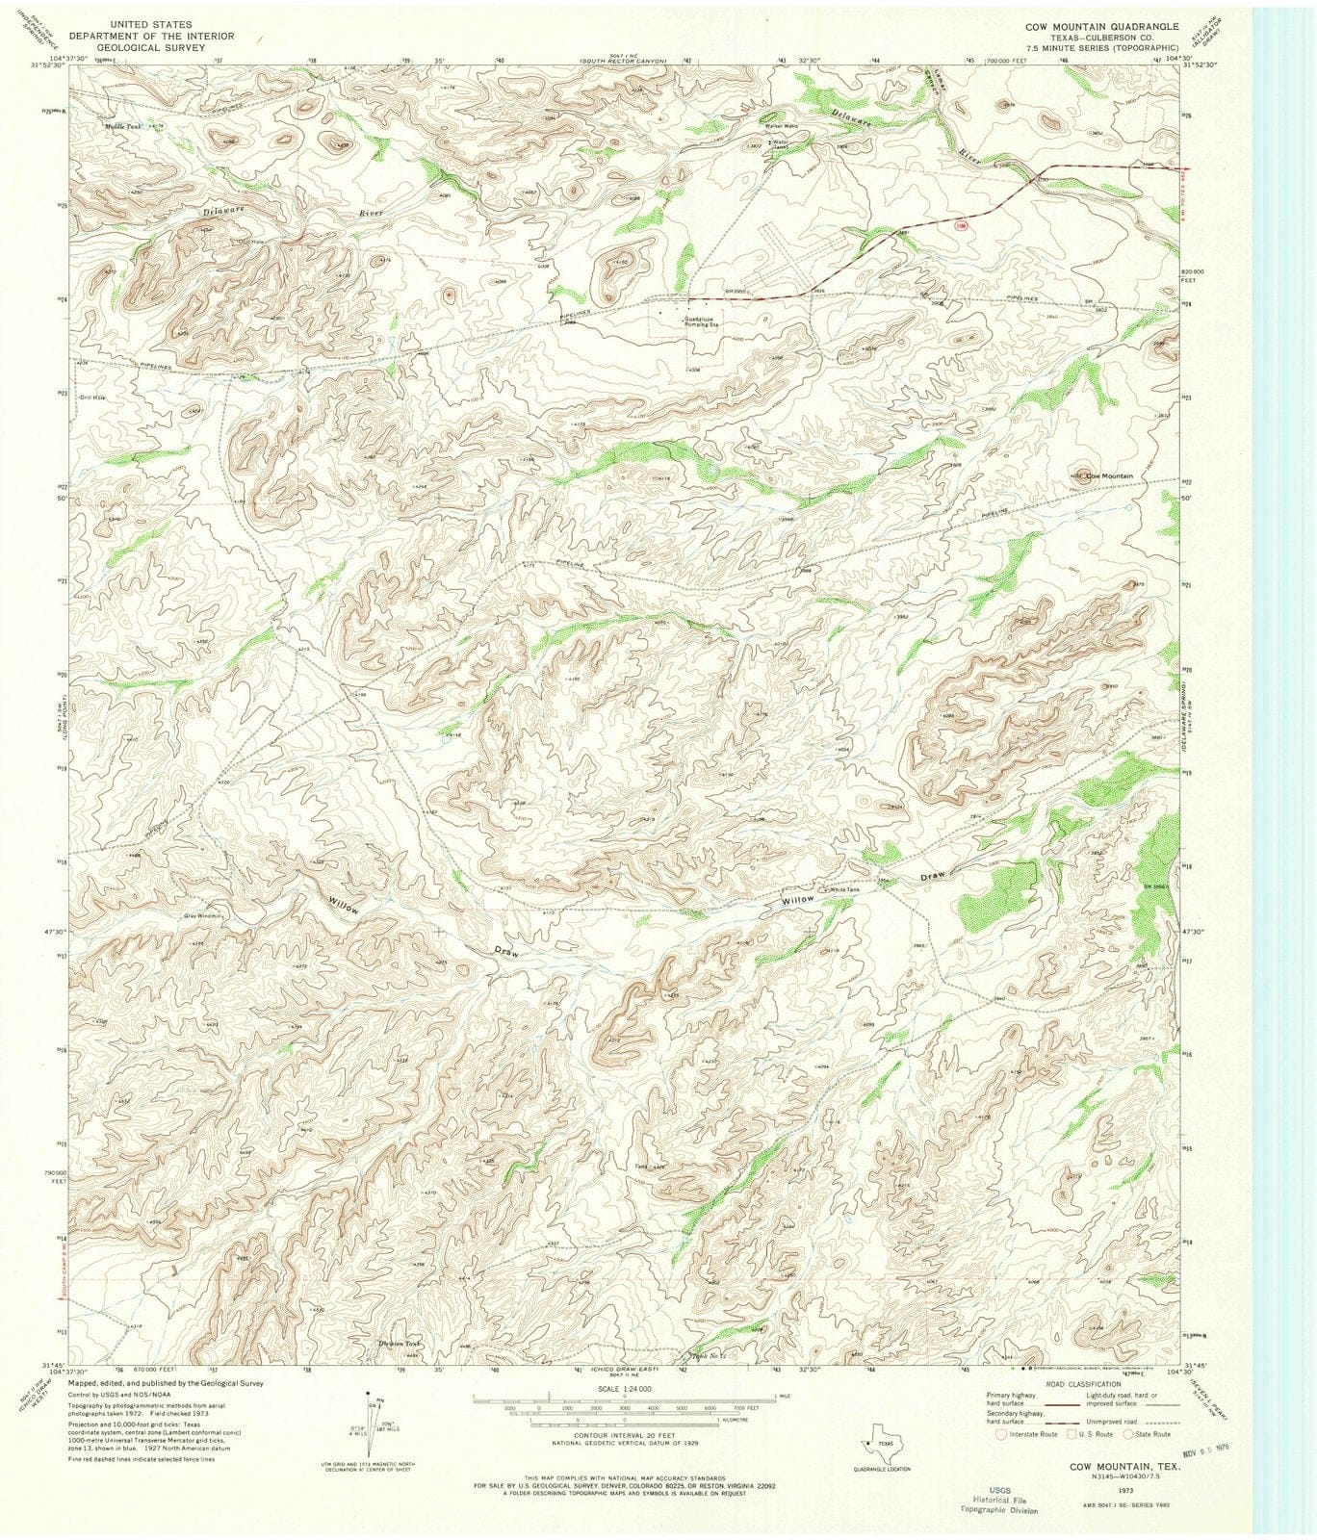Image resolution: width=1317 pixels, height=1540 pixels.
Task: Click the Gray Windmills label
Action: click(x=203, y=915)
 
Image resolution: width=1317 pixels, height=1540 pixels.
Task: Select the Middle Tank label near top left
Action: click(x=122, y=126)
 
